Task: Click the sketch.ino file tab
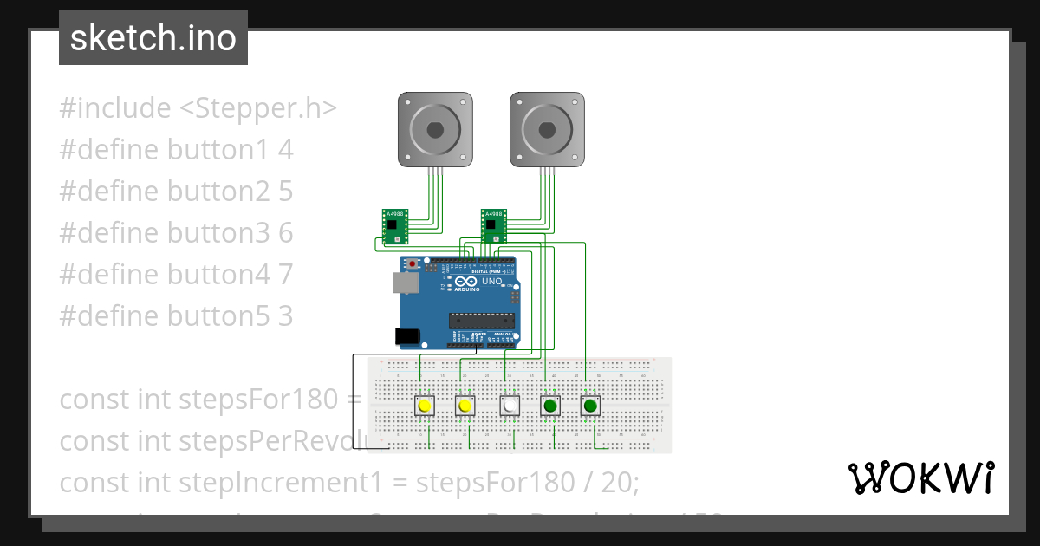pos(153,38)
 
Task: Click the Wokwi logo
pos(920,478)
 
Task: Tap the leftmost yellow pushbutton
pos(425,406)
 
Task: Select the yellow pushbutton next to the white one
pos(465,406)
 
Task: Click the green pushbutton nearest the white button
pos(549,406)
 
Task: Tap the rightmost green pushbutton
pos(591,406)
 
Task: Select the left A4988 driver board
pos(395,225)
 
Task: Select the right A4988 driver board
pos(494,225)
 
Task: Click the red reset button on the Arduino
pos(413,263)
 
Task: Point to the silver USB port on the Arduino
pos(403,283)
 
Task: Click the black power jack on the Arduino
pos(406,335)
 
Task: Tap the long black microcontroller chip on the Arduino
pos(482,321)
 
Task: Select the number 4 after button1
pos(285,150)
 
